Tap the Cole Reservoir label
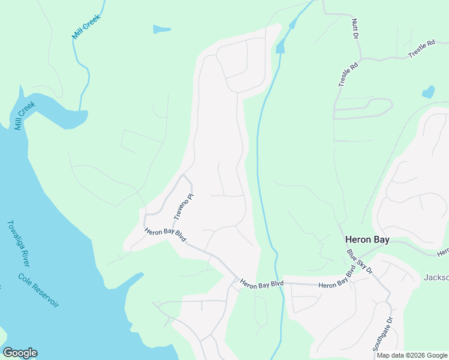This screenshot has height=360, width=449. click(x=38, y=290)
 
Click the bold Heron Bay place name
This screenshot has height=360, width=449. click(x=367, y=239)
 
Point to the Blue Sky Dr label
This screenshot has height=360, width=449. click(x=360, y=262)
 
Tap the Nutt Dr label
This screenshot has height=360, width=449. click(x=354, y=29)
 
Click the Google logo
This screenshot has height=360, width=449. click(x=20, y=353)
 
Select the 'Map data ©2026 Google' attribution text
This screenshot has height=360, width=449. click(x=412, y=355)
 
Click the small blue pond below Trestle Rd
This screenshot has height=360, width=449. click(x=428, y=92)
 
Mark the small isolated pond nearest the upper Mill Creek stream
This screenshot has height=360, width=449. click(x=161, y=29)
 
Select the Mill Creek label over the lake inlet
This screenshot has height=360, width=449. click(x=25, y=116)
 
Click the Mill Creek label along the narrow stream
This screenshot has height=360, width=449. click(x=85, y=29)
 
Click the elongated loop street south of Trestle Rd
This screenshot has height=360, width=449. click(x=363, y=109)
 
